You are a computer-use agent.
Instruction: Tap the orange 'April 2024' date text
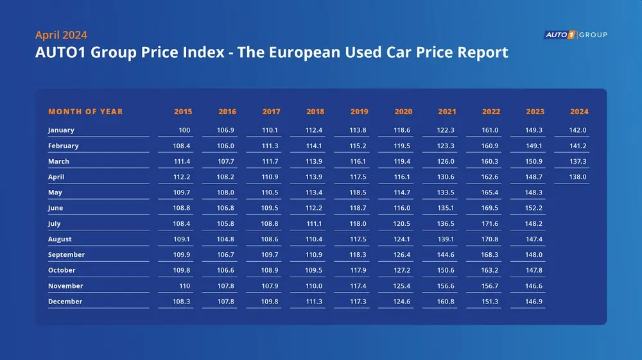pyautogui.click(x=61, y=35)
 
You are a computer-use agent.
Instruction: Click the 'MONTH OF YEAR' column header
pyautogui.click(x=85, y=112)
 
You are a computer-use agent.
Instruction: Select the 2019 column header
pyautogui.click(x=359, y=112)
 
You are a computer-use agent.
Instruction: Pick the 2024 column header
pyautogui.click(x=579, y=112)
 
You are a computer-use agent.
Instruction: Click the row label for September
pyautogui.click(x=66, y=255)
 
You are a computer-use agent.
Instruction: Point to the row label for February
pyautogui.click(x=63, y=146)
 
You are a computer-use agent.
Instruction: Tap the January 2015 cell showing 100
pyautogui.click(x=185, y=130)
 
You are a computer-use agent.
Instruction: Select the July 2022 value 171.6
pyautogui.click(x=490, y=223)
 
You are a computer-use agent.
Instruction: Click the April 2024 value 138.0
pyautogui.click(x=578, y=177)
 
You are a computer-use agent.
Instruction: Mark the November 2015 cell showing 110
pyautogui.click(x=184, y=286)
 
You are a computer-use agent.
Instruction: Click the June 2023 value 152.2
pyautogui.click(x=534, y=208)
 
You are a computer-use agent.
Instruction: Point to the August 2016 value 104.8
pyautogui.click(x=227, y=239)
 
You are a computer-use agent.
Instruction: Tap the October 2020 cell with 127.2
pyautogui.click(x=403, y=270)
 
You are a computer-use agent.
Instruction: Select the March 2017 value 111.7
pyautogui.click(x=271, y=162)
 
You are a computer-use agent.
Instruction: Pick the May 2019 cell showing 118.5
pyautogui.click(x=359, y=193)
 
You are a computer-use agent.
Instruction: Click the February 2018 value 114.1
pyautogui.click(x=315, y=146)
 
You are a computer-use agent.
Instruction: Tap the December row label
pyautogui.click(x=65, y=302)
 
